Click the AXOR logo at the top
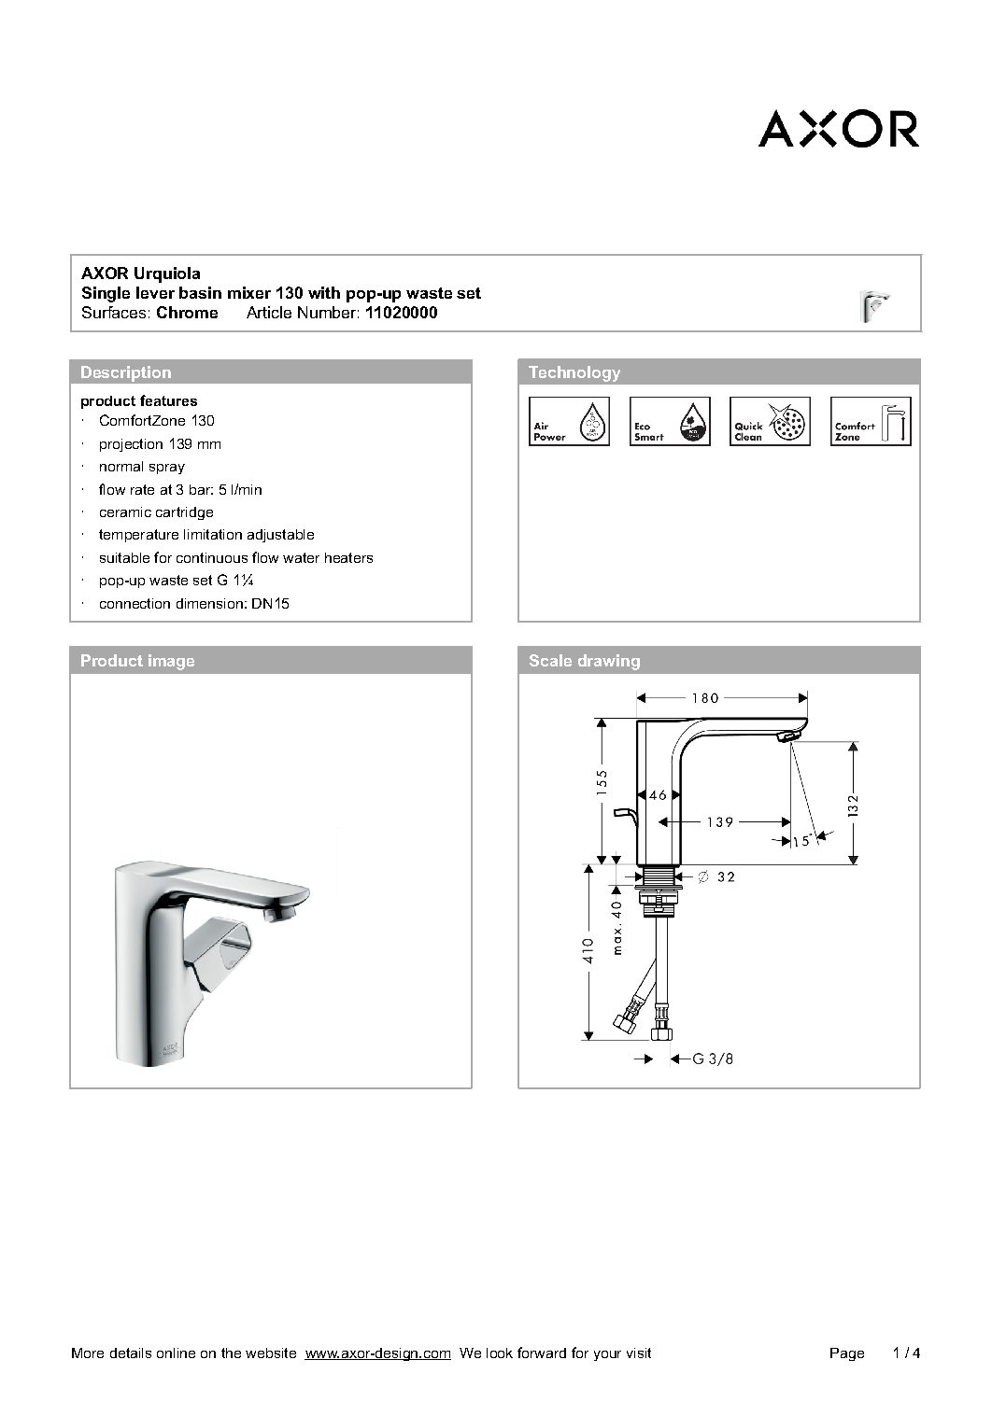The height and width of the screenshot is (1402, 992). [838, 130]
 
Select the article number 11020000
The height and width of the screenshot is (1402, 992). [401, 314]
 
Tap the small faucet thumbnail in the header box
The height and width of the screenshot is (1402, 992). [874, 305]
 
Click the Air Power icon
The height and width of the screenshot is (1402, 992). [570, 421]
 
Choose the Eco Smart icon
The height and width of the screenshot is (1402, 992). [670, 421]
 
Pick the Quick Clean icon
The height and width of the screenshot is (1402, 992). [770, 421]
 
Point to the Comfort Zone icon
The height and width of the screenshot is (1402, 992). [871, 421]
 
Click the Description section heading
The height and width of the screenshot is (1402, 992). [126, 372]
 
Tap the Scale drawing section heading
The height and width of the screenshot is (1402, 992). [585, 661]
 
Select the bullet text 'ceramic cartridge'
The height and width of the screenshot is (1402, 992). [156, 512]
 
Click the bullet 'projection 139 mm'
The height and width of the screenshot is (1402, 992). [160, 444]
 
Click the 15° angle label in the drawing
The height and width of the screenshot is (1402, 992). [801, 841]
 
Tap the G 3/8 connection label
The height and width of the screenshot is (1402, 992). [713, 1059]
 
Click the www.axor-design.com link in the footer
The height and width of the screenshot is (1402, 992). [378, 1353]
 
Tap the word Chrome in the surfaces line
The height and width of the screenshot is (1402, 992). [187, 314]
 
